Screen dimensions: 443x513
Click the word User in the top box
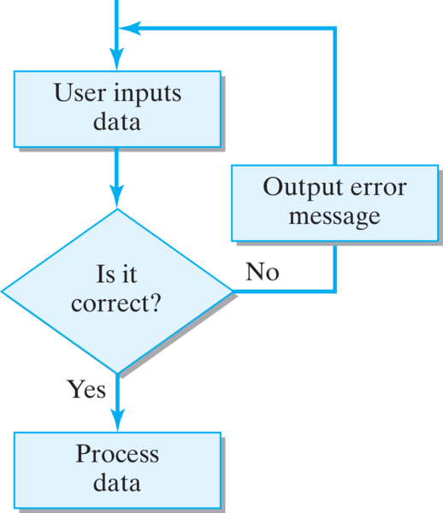coord(80,92)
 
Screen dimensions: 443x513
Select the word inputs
coord(147,94)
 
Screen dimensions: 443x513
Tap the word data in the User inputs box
coord(117,121)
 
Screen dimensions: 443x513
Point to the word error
coord(378,188)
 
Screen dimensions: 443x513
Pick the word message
coord(334,217)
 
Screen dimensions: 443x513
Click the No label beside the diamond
coord(263,272)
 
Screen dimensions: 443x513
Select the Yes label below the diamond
coord(86,389)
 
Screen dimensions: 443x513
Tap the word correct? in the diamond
coord(116,303)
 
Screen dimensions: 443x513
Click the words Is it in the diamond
coord(116,274)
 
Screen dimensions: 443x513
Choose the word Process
coord(117,454)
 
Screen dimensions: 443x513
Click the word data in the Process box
coord(117,482)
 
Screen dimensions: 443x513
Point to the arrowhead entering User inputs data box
coord(117,59)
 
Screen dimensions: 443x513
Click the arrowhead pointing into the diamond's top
coord(117,197)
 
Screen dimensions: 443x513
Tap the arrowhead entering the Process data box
coord(117,421)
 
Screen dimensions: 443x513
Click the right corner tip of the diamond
coord(233,291)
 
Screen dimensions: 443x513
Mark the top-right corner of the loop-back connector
coord(334,29)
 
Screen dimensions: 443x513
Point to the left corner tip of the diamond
coord(2,291)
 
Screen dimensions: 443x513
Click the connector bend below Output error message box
coord(334,291)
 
